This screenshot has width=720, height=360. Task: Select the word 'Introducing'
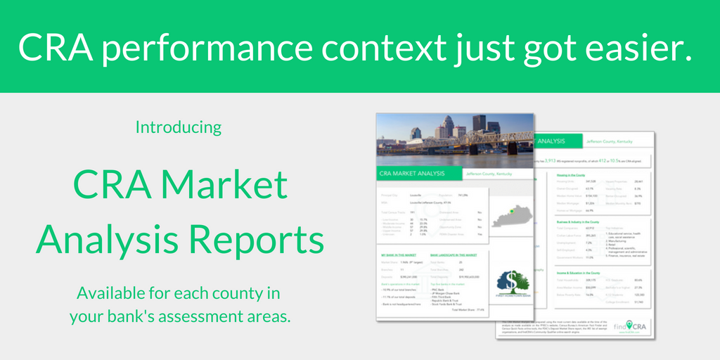(x=179, y=127)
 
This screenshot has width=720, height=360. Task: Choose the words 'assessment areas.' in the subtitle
(x=229, y=316)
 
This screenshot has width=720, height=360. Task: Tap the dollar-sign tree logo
(x=513, y=281)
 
